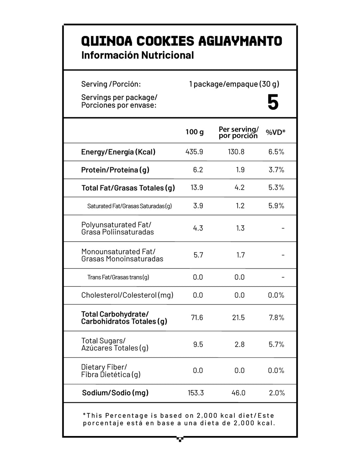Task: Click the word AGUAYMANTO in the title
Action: pos(240,41)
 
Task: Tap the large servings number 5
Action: pos(273,102)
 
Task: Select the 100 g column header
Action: pos(195,132)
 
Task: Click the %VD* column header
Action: pos(276,132)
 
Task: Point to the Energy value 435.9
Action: pos(194,152)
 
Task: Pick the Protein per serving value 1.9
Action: pos(240,170)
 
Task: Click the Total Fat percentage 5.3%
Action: pos(276,188)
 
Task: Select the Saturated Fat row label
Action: pos(129,206)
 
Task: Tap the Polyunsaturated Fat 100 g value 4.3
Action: pos(198,228)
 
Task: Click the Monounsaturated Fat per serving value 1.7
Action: pos(240,255)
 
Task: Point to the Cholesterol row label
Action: pos(127,295)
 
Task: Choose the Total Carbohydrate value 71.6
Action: pos(197,317)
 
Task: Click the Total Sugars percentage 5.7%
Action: pos(276,344)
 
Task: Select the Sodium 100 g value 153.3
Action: pos(196,393)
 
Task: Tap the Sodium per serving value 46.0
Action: pos(238,393)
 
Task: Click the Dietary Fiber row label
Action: pos(111,371)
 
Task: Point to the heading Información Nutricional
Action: pos(137,55)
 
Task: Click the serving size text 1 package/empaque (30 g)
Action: pos(234,84)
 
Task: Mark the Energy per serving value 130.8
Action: pos(236,152)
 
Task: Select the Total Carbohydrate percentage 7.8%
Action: pos(276,317)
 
